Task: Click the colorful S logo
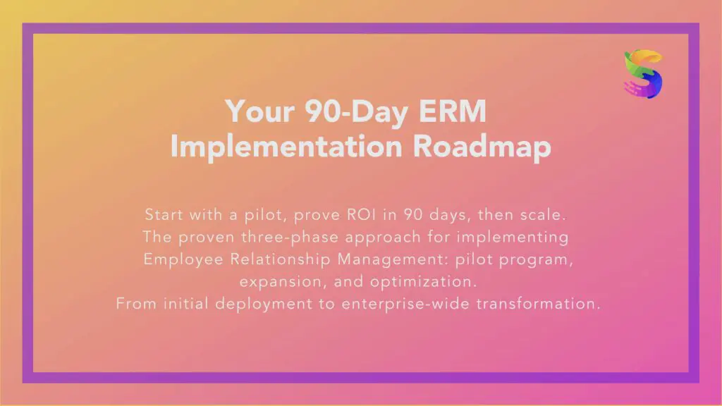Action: click(x=643, y=74)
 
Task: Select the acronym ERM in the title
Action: click(x=451, y=111)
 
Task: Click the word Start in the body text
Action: click(x=164, y=214)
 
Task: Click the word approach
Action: click(x=395, y=237)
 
